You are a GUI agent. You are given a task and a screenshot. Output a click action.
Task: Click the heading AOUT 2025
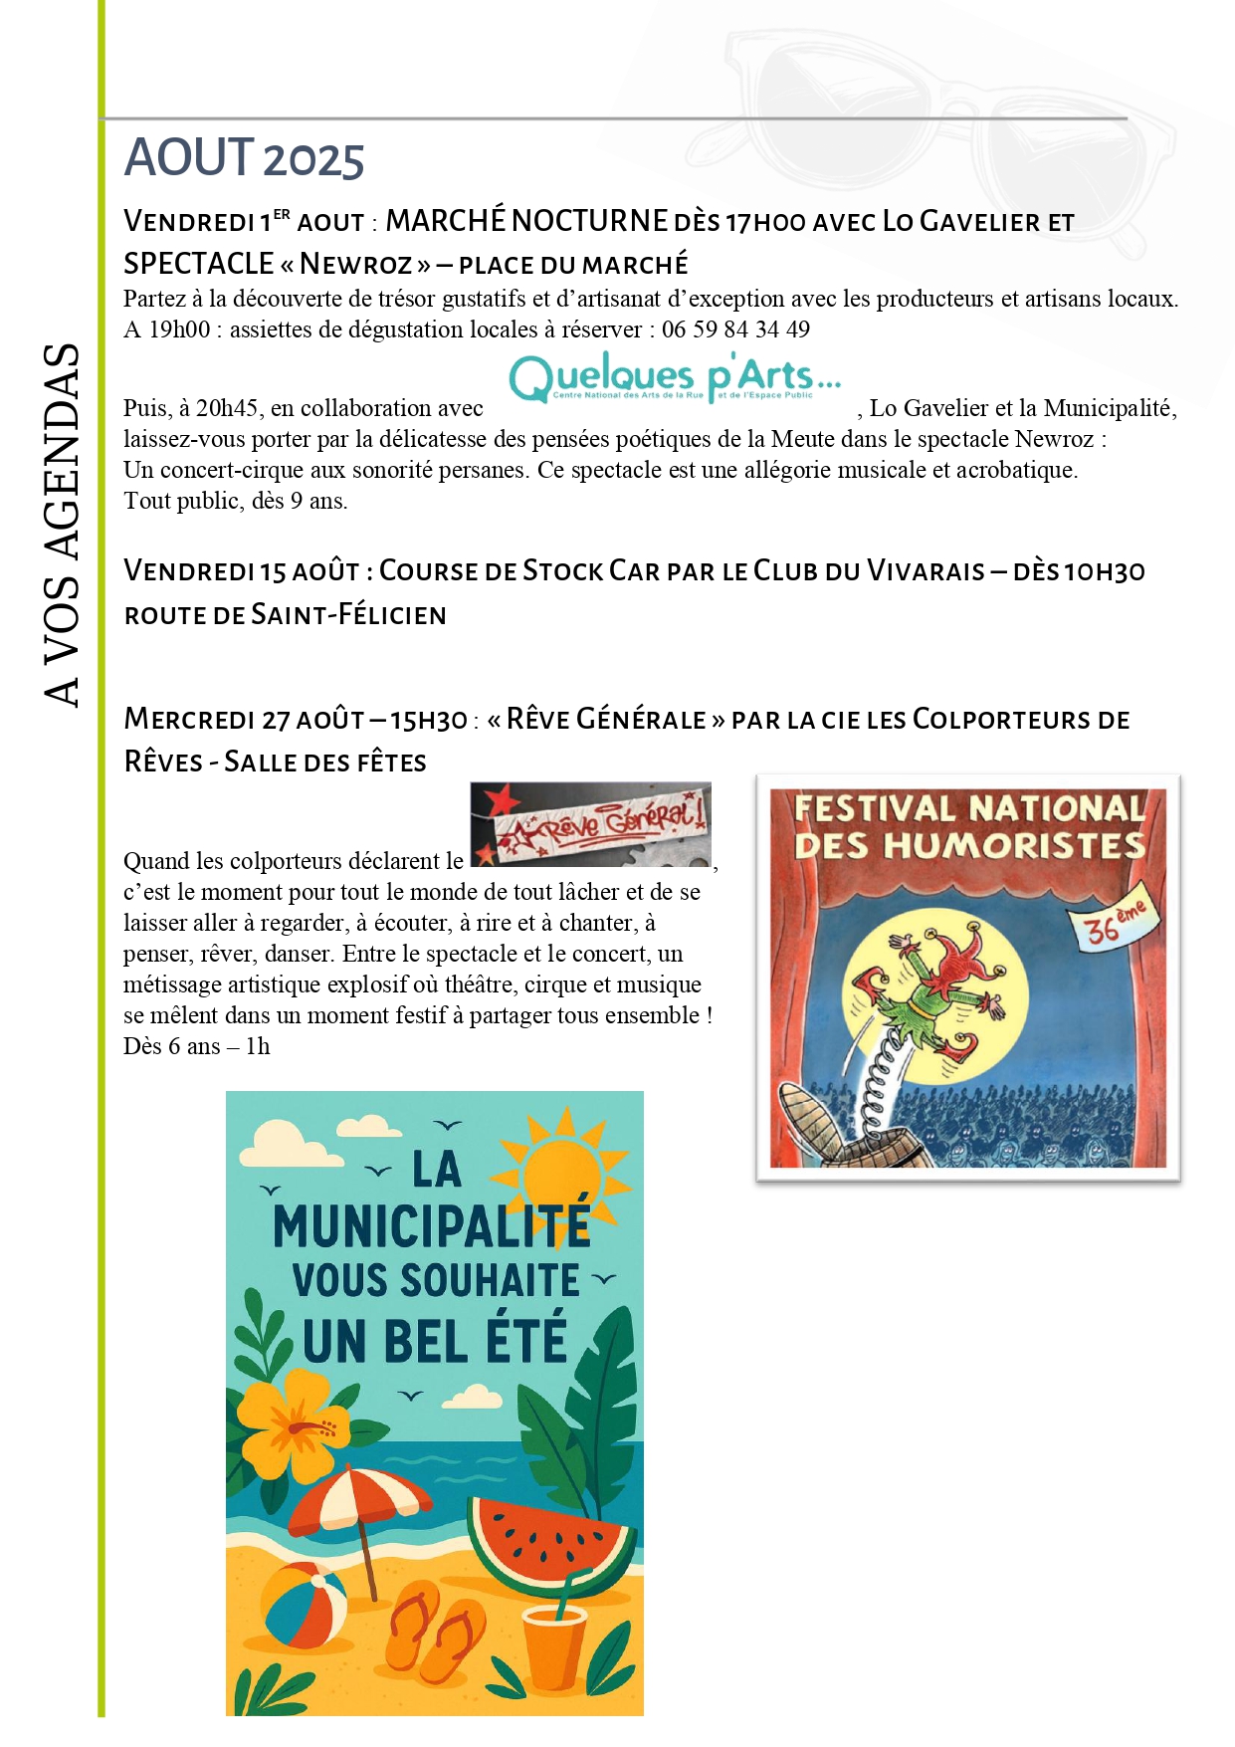tap(244, 158)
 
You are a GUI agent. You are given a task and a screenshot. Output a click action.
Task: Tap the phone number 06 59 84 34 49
tap(735, 329)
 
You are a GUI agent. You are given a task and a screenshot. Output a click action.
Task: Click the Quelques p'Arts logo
tap(675, 378)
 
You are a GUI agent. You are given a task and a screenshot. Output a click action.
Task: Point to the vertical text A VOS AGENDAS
tap(62, 525)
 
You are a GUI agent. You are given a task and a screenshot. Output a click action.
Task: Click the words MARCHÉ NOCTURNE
tap(526, 221)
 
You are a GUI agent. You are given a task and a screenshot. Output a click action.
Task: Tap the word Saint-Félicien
tap(349, 615)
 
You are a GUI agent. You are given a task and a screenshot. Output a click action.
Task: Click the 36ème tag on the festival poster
tap(1115, 924)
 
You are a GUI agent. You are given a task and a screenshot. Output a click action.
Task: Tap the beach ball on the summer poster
tap(306, 1605)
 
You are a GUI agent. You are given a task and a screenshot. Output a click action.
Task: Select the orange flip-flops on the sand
tap(435, 1629)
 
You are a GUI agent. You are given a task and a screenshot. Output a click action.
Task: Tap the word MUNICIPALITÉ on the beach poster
tap(432, 1226)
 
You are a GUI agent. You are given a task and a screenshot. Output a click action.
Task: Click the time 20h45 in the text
tap(228, 408)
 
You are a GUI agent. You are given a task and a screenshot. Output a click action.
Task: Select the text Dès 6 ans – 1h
tap(197, 1046)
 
